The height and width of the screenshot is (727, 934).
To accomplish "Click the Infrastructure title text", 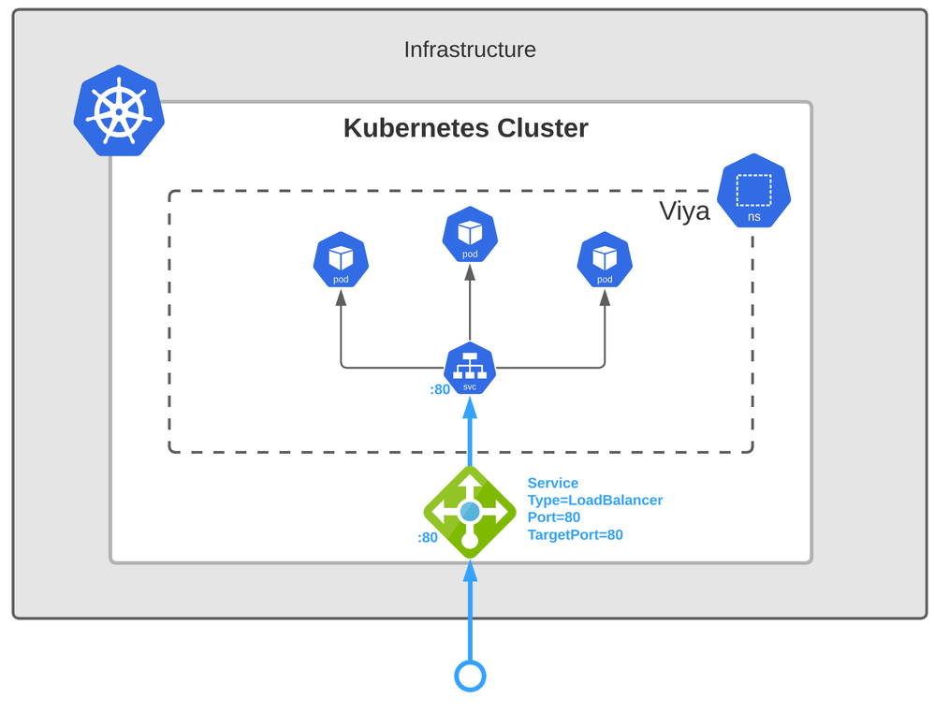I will pos(470,50).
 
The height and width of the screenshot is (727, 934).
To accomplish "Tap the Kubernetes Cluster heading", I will pos(465,127).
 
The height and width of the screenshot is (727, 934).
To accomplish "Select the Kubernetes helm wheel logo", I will pos(119,110).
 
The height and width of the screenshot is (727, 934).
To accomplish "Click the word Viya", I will pos(684,211).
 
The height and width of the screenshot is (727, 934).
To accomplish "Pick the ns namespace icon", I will pos(753,195).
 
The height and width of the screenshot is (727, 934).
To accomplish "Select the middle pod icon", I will pos(470,235).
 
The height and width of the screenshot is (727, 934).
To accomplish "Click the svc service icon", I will pos(470,367).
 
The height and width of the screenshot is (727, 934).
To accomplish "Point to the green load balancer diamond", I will pos(470,512).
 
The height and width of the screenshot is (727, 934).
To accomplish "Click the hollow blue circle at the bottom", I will pos(470,675).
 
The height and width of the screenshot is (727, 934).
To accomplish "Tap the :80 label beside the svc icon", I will pos(440,389).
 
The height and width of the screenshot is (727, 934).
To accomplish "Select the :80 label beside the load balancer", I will pos(428,538).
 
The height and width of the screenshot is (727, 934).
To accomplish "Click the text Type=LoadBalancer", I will pos(594,501).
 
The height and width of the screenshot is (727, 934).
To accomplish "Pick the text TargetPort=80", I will pos(575,535).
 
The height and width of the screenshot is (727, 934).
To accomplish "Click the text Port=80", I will pos(553,517).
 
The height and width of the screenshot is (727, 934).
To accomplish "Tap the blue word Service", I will pos(552,484).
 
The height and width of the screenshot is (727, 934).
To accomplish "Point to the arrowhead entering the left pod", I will pos(341,298).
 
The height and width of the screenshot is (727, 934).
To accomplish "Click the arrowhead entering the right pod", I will pos(605,298).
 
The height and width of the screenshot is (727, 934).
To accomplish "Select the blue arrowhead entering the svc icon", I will pos(470,407).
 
